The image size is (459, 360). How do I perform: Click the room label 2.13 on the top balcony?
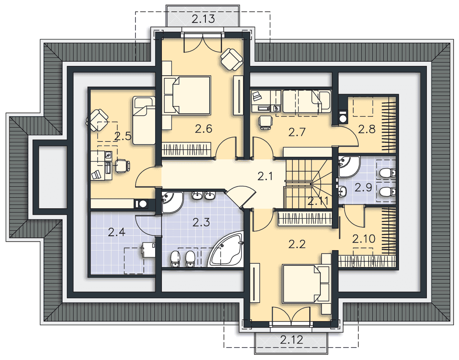203,19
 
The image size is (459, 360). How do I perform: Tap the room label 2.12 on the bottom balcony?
291,340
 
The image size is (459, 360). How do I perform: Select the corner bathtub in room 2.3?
226,249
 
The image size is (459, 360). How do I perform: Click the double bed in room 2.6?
187,95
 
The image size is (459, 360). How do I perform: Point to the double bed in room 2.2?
306,284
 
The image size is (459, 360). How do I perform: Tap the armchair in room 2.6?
232,59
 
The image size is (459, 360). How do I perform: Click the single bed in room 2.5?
144,120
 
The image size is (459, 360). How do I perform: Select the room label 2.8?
366,129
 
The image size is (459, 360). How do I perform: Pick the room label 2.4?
117,232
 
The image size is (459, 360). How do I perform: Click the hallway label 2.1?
265,177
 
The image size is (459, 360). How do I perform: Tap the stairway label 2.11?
318,201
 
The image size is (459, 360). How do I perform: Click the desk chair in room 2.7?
266,122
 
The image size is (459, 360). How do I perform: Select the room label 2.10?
363,239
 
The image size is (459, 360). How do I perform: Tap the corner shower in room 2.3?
172,202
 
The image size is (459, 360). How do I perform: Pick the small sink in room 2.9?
342,191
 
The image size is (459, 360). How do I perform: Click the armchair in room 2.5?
97,120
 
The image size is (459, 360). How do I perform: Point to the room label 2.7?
297,132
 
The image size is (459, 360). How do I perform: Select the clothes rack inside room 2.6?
186,149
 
